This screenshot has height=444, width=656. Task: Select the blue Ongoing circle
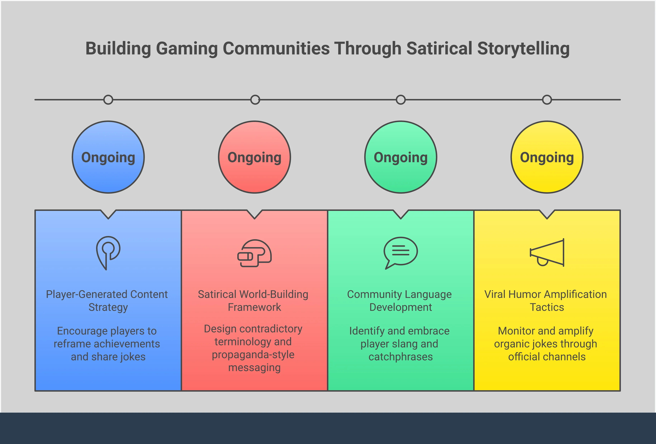point(108,157)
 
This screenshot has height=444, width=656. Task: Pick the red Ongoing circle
point(254,157)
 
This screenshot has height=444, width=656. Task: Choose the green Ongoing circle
point(401,157)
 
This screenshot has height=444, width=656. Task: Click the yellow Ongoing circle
point(547,157)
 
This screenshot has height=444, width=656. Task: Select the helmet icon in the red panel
point(254,253)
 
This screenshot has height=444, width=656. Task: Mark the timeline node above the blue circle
point(108,100)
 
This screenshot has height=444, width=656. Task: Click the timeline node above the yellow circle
point(547,100)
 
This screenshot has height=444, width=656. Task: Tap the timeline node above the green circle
point(401,100)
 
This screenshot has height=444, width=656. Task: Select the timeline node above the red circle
point(255,100)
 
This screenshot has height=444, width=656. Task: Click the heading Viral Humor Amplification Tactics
point(546,301)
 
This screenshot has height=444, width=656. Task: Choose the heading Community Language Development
point(399,301)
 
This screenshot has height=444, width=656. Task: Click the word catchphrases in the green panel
point(401,357)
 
